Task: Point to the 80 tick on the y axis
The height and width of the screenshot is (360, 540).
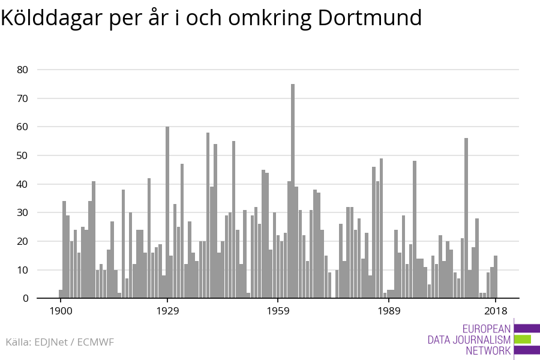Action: pos(22,70)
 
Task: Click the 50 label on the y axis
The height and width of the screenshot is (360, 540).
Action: pos(22,155)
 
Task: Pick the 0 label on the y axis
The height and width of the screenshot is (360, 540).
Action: pos(25,298)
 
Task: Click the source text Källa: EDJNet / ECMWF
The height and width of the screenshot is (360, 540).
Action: pos(59,342)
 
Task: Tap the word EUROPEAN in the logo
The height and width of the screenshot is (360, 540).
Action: pos(486,329)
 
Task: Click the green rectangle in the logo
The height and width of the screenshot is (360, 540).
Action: pos(523,339)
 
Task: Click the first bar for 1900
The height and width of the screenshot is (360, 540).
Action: pos(61,294)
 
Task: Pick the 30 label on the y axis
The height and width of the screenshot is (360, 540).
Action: pos(22,212)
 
